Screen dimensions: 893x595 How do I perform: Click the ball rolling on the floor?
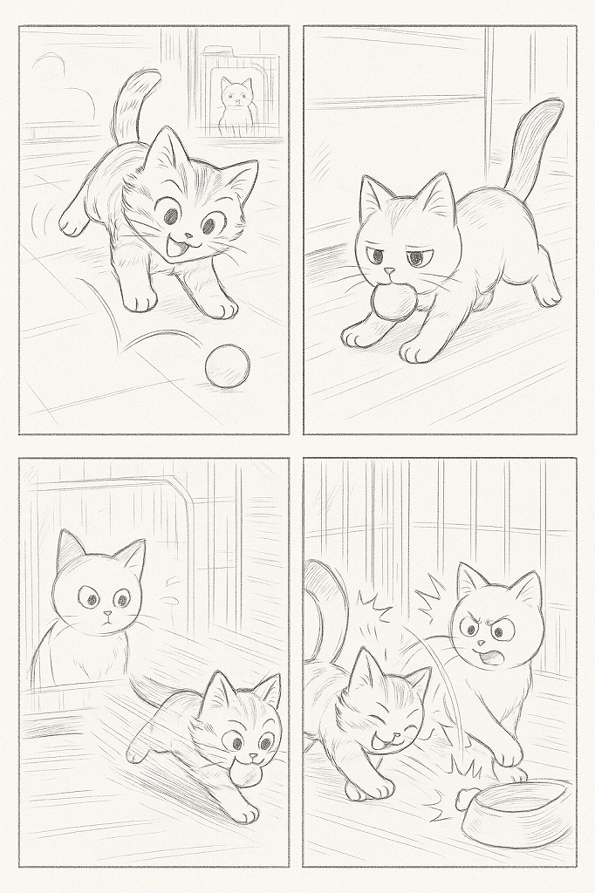(227, 366)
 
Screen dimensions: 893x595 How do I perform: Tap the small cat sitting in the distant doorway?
(235, 105)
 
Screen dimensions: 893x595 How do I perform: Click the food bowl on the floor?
(515, 811)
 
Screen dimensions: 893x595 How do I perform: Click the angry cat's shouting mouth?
(490, 655)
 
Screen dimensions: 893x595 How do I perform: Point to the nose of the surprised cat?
(105, 615)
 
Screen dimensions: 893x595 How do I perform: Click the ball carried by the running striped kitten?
(250, 774)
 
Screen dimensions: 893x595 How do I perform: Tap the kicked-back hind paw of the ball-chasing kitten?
(74, 222)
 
